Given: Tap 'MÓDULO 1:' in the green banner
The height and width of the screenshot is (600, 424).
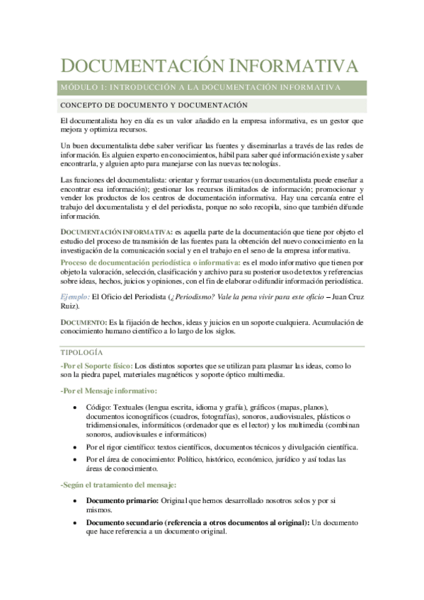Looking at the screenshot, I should point(81,87).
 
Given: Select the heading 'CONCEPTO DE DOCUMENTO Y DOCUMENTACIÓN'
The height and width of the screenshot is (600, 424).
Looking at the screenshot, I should point(153,105).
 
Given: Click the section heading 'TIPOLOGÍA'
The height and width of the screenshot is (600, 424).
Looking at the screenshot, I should point(81,352).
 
